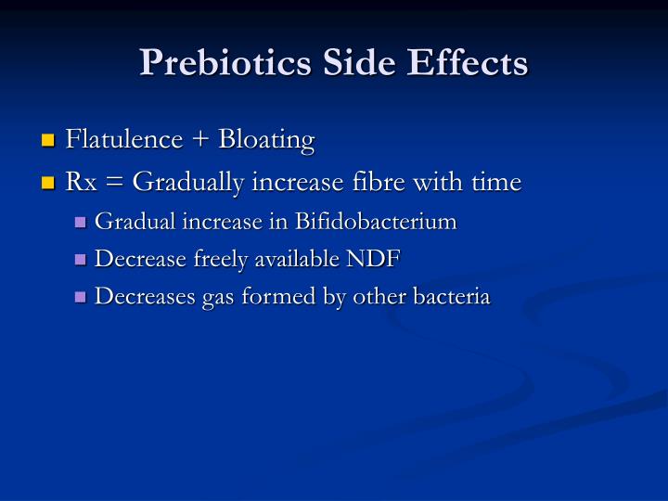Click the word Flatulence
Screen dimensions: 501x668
coord(124,140)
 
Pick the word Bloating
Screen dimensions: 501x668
coord(266,140)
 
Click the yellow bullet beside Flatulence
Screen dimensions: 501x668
coord(49,142)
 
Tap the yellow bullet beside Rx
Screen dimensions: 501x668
coord(49,184)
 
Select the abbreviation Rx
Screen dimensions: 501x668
coord(81,183)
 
